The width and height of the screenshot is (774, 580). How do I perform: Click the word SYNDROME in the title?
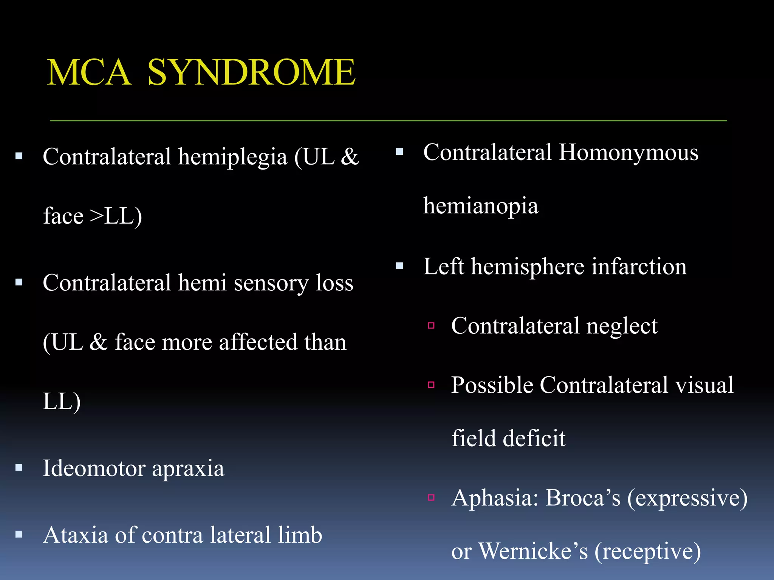click(251, 72)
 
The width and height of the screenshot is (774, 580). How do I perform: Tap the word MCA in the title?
click(89, 72)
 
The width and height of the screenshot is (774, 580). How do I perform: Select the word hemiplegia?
click(232, 157)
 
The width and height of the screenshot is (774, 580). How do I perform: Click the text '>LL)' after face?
click(116, 216)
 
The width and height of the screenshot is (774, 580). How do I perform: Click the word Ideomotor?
click(94, 469)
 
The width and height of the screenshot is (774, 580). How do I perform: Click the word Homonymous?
click(628, 153)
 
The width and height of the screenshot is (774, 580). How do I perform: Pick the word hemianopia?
click(480, 206)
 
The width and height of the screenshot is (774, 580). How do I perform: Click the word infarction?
click(639, 267)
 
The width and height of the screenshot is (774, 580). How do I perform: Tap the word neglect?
click(622, 327)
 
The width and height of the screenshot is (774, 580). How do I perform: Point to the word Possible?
click(492, 386)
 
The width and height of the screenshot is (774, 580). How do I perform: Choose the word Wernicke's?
click(533, 551)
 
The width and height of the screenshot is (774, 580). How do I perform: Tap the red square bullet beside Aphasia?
click(431, 497)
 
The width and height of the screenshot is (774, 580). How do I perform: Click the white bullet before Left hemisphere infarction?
click(399, 266)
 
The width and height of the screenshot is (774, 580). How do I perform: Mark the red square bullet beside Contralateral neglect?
click(431, 325)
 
